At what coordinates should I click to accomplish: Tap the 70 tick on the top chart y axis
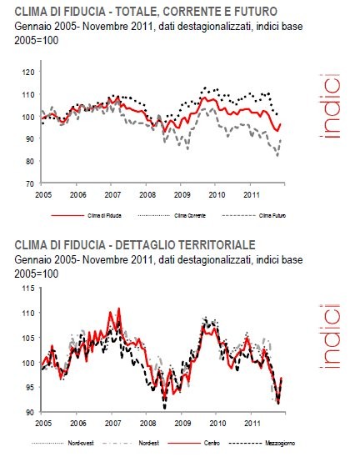30,183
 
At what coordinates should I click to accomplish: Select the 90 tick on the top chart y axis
30,138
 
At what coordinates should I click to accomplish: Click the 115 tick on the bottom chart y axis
27,289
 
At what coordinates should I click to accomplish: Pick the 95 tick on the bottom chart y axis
28,388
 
